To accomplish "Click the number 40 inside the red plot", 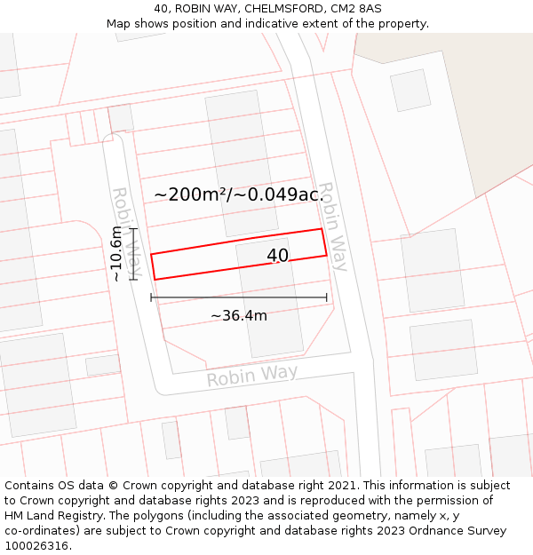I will [x=277, y=256].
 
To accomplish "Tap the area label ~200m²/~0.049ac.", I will [x=238, y=194].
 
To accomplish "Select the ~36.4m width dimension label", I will [x=238, y=315].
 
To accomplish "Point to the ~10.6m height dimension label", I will [x=115, y=254].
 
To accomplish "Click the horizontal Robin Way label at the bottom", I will [x=252, y=376].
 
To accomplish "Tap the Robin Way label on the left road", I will [x=126, y=231].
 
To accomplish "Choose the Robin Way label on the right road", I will [x=332, y=226].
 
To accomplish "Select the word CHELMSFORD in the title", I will [x=280, y=9].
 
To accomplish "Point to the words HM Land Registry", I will [x=52, y=516].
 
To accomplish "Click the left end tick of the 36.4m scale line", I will [x=151, y=297].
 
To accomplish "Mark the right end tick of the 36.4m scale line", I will [x=327, y=297].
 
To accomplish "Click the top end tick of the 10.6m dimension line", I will [x=134, y=229].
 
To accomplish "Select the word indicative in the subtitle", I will [x=281, y=24].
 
